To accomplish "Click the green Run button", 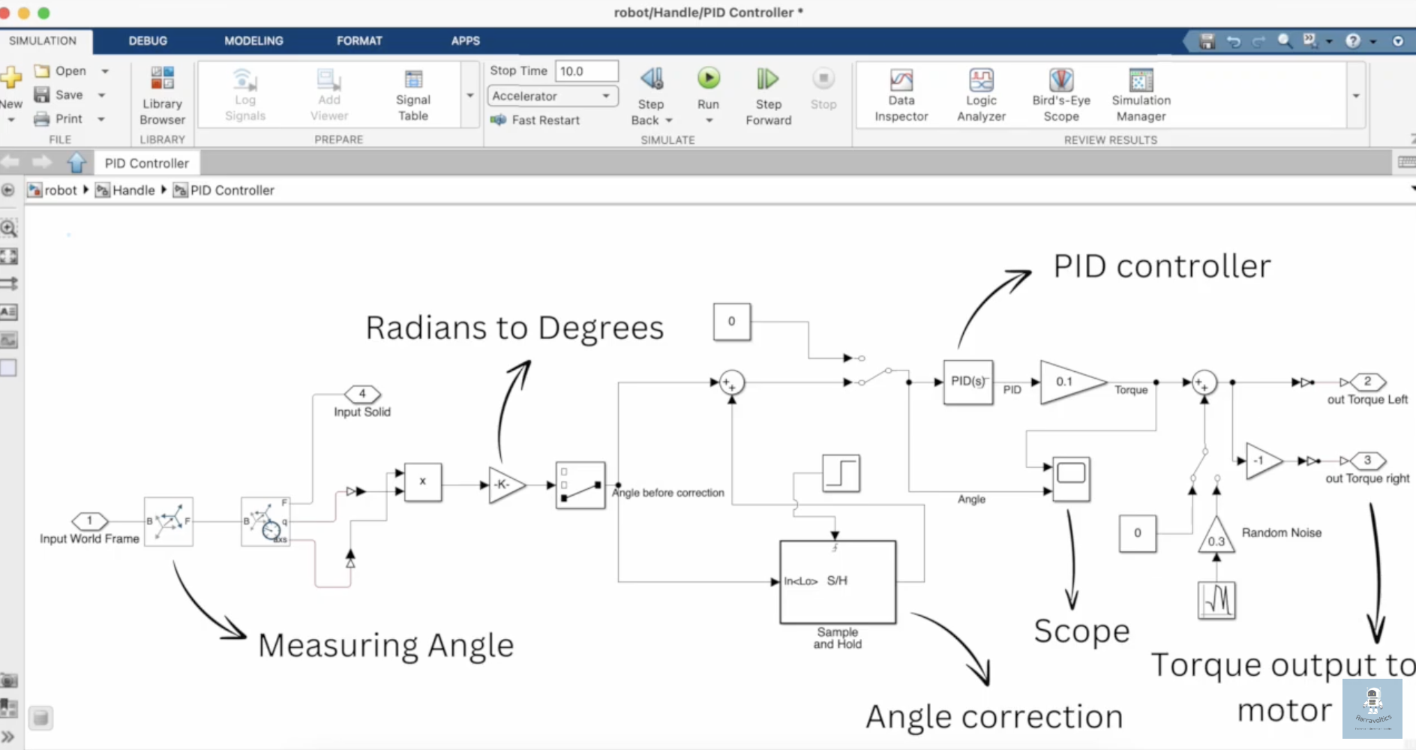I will [708, 79].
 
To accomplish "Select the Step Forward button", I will [767, 79].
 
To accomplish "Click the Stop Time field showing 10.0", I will [586, 71].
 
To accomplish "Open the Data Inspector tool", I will [901, 81].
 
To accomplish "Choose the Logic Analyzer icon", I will [981, 81].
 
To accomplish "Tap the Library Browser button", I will [162, 79].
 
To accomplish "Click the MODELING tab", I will [253, 40].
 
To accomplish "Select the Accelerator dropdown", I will [553, 96].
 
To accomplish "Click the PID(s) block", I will [967, 382].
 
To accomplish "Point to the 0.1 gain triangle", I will [1067, 382].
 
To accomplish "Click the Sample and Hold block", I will [838, 582].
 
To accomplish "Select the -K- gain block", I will [504, 484].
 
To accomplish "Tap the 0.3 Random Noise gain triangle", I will [1216, 538].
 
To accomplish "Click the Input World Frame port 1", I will [90, 520].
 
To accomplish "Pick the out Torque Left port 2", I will [1367, 382].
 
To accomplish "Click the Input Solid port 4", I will [362, 394].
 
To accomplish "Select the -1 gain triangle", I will [1261, 460].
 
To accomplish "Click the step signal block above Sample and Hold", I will [841, 473].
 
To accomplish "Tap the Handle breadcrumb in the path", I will [133, 190].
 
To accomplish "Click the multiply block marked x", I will [423, 482].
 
